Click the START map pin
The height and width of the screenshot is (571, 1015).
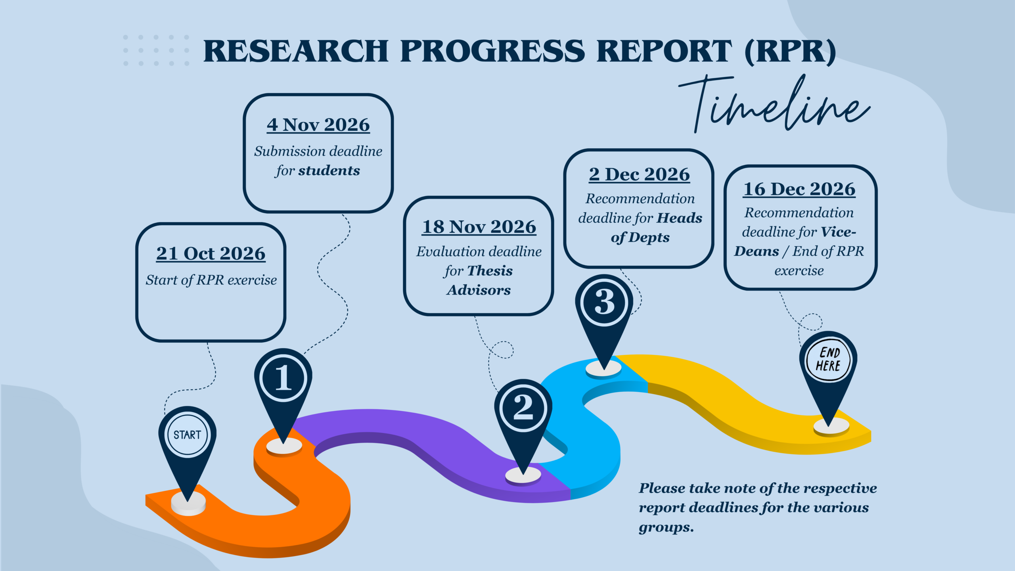click(x=187, y=440)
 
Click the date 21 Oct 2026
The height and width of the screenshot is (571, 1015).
click(x=211, y=254)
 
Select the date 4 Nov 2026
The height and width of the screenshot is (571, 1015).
click(x=318, y=125)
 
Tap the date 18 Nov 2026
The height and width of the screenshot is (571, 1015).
click(x=479, y=227)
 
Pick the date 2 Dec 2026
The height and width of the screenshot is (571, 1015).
click(x=639, y=174)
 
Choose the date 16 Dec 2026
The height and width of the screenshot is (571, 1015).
click(x=799, y=189)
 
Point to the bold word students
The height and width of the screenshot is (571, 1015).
click(x=329, y=171)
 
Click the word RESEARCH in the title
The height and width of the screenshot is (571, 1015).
click(x=295, y=51)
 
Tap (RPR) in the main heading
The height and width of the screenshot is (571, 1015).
click(x=790, y=52)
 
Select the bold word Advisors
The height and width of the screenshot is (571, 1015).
click(x=479, y=290)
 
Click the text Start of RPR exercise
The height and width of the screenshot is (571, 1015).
click(x=211, y=280)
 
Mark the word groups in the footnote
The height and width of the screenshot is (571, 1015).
click(x=666, y=528)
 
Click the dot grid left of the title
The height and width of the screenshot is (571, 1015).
click(x=156, y=50)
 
